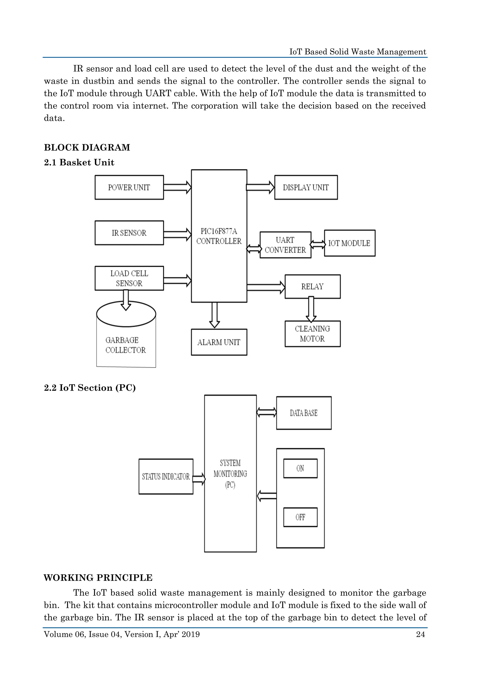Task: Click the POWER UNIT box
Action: (x=129, y=187)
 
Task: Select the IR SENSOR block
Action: (x=129, y=233)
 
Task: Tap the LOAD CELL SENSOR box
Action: (x=129, y=278)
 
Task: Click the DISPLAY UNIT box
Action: (x=306, y=187)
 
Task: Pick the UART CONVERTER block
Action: (x=285, y=245)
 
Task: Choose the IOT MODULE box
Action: (x=349, y=243)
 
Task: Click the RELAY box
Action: (x=312, y=286)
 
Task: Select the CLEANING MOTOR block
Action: (x=312, y=334)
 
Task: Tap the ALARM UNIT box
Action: (x=219, y=342)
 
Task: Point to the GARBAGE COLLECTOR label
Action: (x=126, y=345)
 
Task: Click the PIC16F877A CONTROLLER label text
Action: (x=219, y=236)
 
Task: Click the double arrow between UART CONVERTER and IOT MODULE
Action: (x=318, y=244)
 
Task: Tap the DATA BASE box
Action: (x=304, y=413)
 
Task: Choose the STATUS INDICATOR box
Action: (x=166, y=476)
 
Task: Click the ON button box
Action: (x=300, y=468)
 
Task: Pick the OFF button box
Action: (x=300, y=517)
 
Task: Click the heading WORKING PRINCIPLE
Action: (x=98, y=578)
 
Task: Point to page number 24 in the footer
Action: (x=420, y=634)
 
